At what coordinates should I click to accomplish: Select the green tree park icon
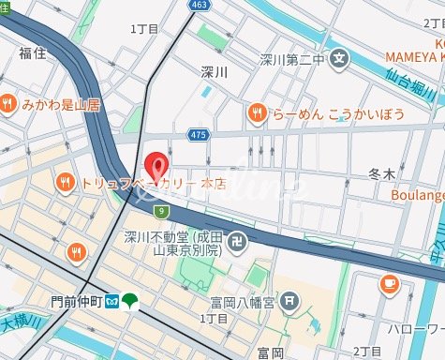tap(129, 302)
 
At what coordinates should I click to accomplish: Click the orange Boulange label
tap(417, 196)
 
